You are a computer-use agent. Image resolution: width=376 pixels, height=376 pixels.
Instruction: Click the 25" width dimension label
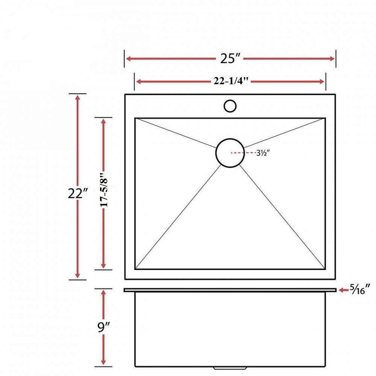point(230,59)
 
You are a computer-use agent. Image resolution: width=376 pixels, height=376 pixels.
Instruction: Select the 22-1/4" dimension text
point(231,82)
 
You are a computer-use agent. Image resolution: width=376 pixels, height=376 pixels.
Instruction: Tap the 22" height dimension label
point(78,194)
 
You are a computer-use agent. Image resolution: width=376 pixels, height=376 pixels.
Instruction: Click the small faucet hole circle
point(230,106)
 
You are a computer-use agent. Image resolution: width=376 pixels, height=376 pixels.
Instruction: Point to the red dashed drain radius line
point(238,153)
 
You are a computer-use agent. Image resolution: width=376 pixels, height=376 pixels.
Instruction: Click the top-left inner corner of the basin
point(136,118)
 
